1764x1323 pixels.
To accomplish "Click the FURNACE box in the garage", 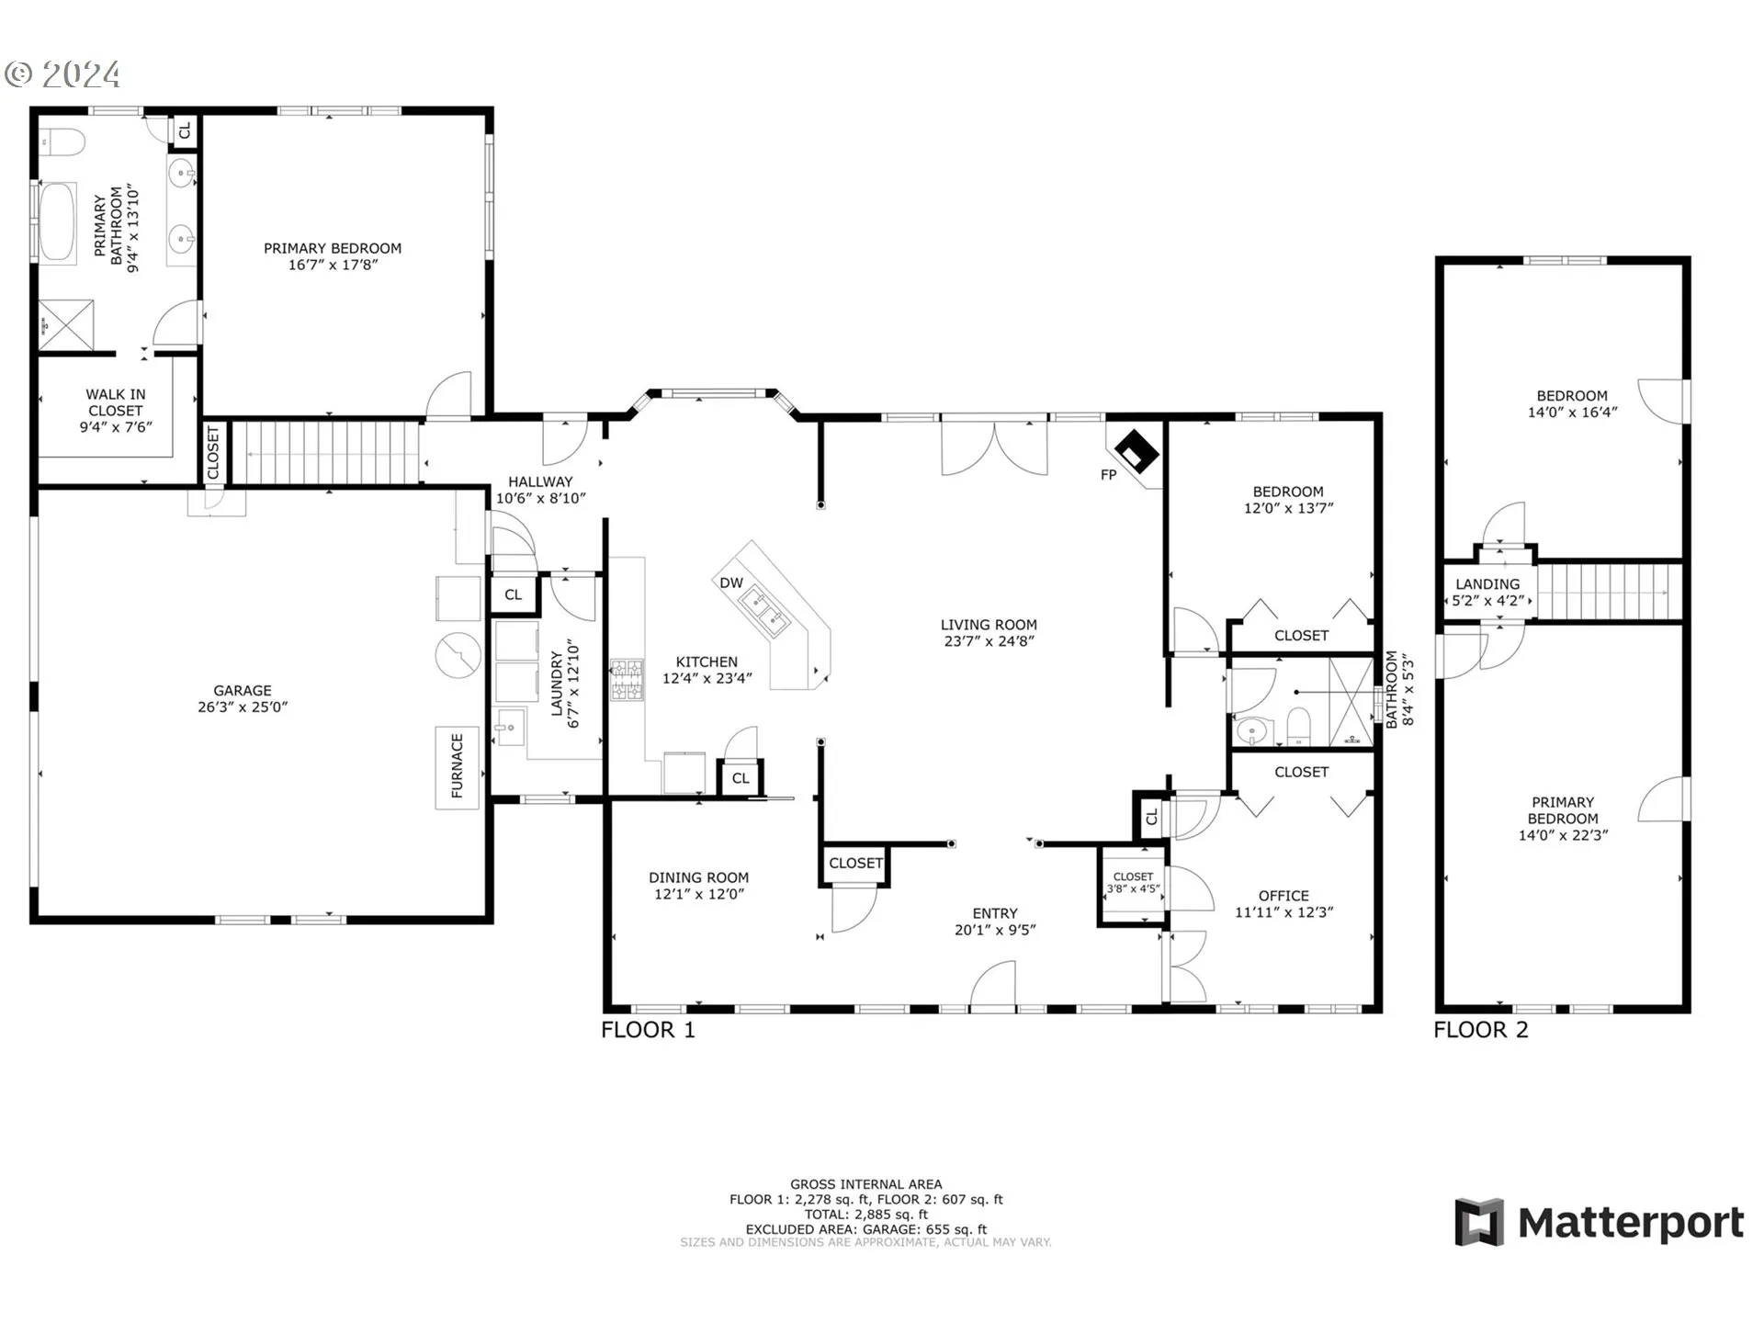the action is tap(457, 768).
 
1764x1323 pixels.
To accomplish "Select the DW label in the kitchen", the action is tap(731, 583).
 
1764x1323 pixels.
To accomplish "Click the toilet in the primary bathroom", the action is tap(62, 142).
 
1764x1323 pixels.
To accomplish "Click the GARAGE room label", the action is tap(243, 690).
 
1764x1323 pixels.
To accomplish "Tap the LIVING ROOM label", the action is tap(989, 625).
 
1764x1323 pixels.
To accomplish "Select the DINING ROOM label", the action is tap(699, 877).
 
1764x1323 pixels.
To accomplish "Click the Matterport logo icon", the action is tap(1478, 1222).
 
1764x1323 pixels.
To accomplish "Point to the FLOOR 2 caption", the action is tap(1481, 1030).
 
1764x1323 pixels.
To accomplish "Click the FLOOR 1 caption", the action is tap(648, 1030).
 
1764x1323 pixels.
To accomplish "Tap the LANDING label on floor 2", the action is tap(1487, 584).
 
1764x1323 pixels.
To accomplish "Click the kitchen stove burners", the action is tap(627, 680).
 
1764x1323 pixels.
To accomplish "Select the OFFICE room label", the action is tap(1283, 896).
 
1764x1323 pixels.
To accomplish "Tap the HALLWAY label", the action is tap(540, 481).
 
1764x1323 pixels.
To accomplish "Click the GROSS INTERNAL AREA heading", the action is tap(865, 1184).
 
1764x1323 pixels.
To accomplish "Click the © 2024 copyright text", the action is tap(62, 73).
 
